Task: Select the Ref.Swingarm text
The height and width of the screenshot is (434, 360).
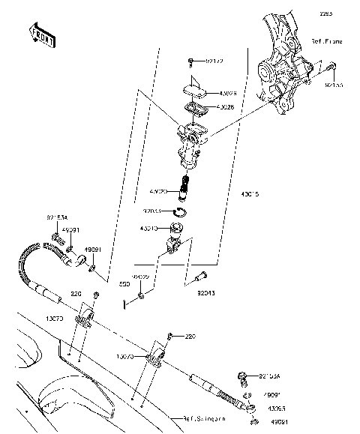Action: [x=205, y=418]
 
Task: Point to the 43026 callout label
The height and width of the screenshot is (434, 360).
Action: [x=227, y=94]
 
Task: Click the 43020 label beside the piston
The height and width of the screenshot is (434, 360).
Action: [x=159, y=193]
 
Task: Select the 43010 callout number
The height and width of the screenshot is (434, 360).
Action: [x=149, y=229]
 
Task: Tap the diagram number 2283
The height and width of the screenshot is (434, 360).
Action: [x=346, y=13]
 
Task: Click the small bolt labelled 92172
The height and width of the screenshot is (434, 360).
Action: [x=191, y=59]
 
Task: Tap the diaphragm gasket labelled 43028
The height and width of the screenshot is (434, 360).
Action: [x=197, y=108]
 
